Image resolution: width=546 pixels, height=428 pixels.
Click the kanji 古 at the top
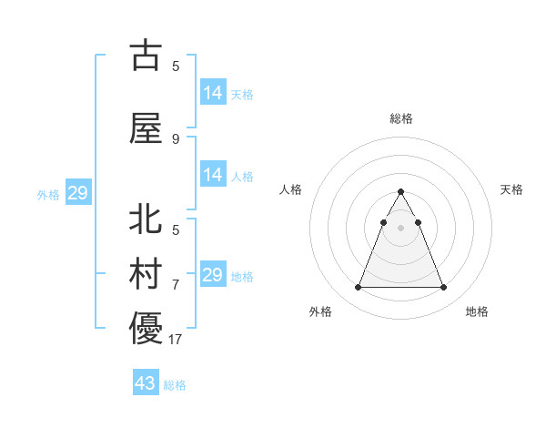click(147, 56)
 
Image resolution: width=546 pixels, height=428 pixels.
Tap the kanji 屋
click(147, 128)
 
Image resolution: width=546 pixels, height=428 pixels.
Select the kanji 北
click(147, 219)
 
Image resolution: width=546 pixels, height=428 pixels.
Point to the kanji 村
click(147, 275)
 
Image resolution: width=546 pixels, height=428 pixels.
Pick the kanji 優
click(147, 329)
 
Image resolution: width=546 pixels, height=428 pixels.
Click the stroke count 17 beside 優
click(176, 340)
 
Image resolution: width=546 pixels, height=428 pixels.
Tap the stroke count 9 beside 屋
click(176, 139)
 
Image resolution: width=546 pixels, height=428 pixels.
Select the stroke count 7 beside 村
click(176, 285)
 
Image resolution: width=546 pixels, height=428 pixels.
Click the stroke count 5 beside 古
click(176, 66)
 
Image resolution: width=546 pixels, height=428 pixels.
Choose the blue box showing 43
click(146, 383)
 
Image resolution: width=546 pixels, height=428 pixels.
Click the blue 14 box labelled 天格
click(213, 93)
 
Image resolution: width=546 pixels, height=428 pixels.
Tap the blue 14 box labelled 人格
click(213, 175)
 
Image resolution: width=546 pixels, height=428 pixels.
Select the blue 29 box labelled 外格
click(77, 193)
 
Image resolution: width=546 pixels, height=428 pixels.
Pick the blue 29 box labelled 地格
click(213, 275)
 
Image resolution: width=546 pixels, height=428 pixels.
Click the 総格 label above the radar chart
click(400, 118)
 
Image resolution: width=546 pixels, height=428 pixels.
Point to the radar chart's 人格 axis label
click(291, 189)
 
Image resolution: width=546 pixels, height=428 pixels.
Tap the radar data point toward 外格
click(358, 288)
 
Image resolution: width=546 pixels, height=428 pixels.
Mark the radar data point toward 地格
click(443, 288)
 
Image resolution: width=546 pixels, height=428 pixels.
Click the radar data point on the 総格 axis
click(400, 192)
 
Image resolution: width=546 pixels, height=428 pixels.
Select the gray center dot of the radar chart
click(400, 228)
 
